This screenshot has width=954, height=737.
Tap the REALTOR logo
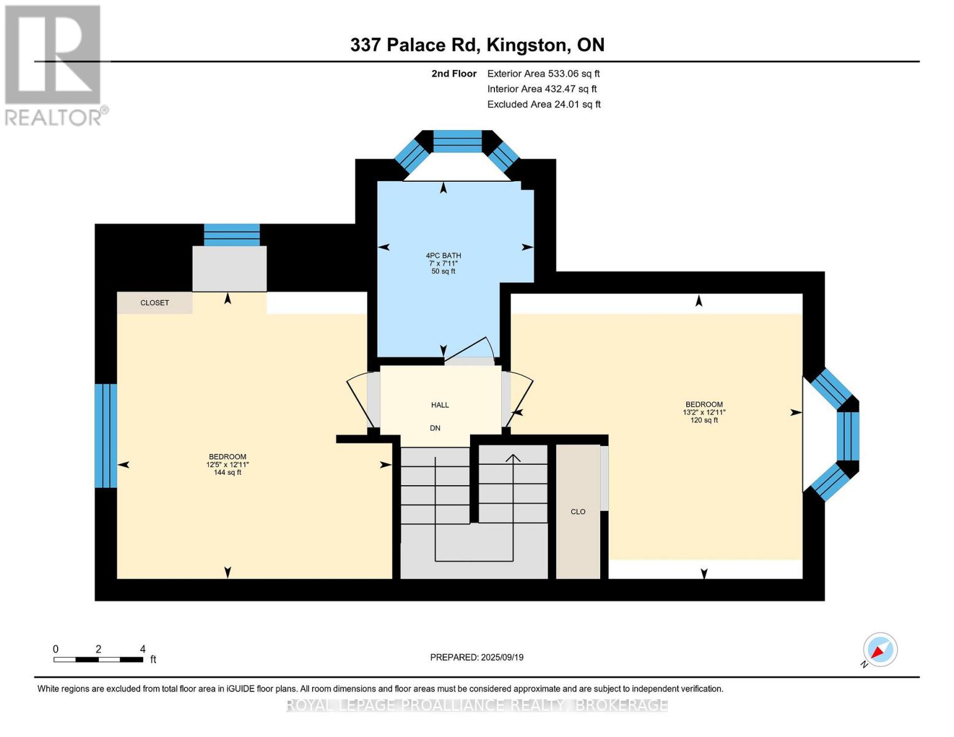click(x=53, y=65)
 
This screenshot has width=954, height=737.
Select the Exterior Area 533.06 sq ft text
click(x=543, y=73)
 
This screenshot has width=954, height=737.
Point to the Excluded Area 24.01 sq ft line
click(x=544, y=104)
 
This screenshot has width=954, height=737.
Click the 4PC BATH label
click(x=443, y=255)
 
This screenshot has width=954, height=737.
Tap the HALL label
click(x=440, y=405)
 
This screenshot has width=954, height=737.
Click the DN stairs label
click(x=435, y=428)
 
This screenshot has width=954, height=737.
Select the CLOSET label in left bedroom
click(x=154, y=303)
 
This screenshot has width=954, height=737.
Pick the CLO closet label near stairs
click(x=577, y=512)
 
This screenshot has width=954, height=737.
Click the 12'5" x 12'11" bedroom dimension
click(x=227, y=465)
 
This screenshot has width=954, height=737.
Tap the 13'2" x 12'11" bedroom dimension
click(x=704, y=413)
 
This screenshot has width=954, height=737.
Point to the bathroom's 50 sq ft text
click(x=443, y=271)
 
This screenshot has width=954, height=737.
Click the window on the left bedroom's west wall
click(x=106, y=435)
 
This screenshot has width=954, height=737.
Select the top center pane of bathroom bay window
click(x=458, y=141)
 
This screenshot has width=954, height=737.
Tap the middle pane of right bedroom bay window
click(x=848, y=435)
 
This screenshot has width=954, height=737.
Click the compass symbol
click(x=880, y=650)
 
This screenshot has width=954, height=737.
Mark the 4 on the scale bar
click(x=143, y=649)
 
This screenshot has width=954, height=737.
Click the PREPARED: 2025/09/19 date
click(x=477, y=657)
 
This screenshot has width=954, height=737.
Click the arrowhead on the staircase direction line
click(x=513, y=458)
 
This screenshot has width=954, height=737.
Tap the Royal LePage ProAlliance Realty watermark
click(x=477, y=705)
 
